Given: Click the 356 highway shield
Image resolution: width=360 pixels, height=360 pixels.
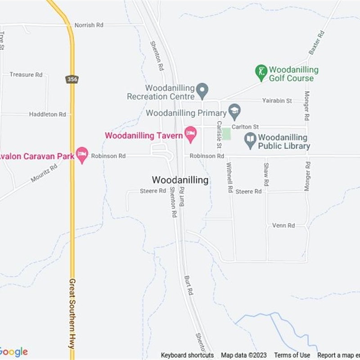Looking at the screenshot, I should pos(71,79).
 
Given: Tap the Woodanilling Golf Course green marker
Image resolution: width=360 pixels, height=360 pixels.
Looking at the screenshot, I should pos(261,72).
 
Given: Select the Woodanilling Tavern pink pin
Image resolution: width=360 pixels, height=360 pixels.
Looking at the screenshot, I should pos(191,134).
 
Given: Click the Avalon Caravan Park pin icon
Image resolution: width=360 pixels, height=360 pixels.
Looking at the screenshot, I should pos(82,154).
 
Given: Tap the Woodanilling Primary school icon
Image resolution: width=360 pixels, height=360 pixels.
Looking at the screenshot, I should pos(234,111).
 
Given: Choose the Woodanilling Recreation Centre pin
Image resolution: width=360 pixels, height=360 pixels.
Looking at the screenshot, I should pos(202,90).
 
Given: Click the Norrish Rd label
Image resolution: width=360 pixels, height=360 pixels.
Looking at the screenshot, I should pos(89,25).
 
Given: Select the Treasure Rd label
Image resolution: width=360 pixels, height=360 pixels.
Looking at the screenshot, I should pos(26,74).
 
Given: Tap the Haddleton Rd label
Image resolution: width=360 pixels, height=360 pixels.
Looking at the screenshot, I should pos(48,114).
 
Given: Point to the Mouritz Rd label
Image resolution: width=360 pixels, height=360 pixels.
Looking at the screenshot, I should pos(44,173).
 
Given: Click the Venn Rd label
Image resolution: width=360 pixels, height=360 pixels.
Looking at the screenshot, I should pos(283,225).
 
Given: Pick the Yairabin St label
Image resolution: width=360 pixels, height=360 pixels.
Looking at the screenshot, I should pos(278,100).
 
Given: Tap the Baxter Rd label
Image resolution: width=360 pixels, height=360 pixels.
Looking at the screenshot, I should pos(317,43).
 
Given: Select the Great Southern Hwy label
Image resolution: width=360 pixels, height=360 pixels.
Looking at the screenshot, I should pos(72,314).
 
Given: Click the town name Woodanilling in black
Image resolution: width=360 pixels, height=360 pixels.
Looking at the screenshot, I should pos(180,180).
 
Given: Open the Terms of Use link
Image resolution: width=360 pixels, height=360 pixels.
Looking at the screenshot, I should pos(292,355).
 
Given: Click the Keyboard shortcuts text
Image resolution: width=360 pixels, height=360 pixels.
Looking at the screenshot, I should pos(187,355).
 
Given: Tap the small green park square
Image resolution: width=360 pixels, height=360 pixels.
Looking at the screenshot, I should pos(226,134).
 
